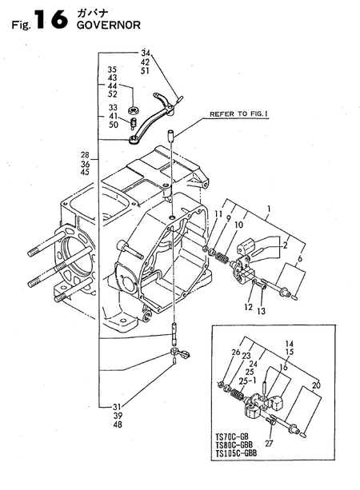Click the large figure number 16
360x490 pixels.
(51, 19)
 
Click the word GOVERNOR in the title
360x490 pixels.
(108, 25)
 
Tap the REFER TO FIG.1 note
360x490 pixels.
(238, 114)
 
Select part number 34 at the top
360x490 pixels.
(145, 53)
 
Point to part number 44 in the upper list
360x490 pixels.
(112, 86)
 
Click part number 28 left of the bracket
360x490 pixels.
(85, 155)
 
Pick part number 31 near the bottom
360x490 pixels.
(117, 407)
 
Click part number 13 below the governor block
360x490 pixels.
(261, 311)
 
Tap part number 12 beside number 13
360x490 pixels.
(248, 308)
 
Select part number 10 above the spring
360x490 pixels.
(238, 225)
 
